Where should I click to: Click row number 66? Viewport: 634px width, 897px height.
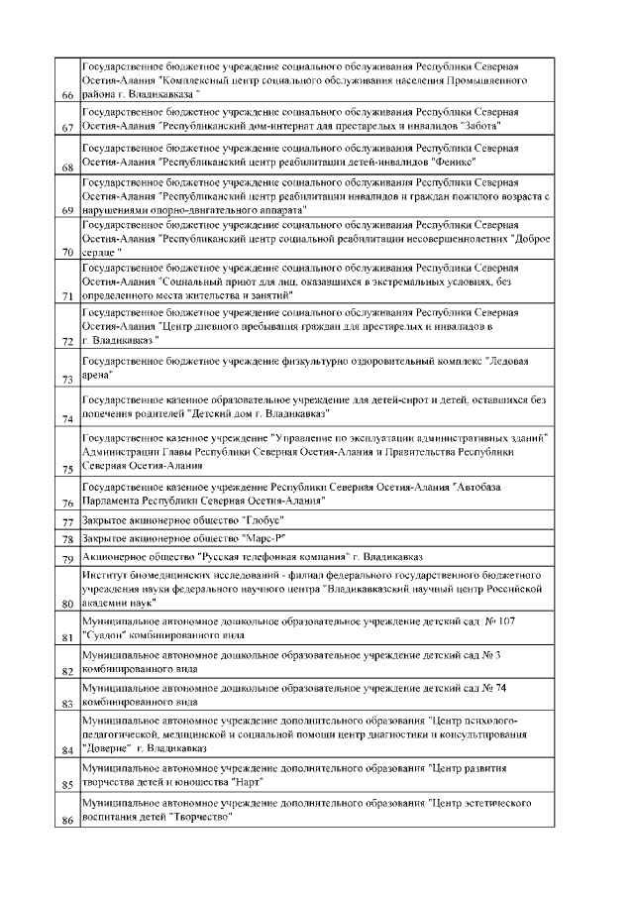click(x=67, y=95)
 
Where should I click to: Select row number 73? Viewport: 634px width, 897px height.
click(x=67, y=379)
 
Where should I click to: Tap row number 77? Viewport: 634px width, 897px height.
click(x=67, y=521)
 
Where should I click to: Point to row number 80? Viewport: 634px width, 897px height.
click(x=67, y=602)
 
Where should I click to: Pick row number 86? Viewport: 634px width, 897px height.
click(x=67, y=820)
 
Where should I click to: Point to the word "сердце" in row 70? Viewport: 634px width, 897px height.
click(x=99, y=252)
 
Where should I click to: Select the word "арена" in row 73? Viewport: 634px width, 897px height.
click(x=97, y=377)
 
